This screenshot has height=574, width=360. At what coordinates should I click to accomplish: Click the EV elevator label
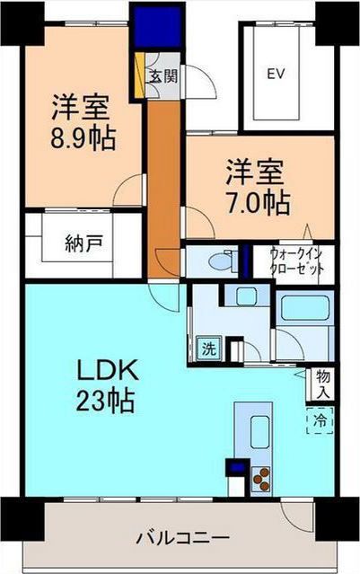(x=276, y=75)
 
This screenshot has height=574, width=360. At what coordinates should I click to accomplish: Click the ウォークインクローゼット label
(x=300, y=261)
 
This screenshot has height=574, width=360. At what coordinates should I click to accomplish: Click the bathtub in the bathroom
(x=303, y=310)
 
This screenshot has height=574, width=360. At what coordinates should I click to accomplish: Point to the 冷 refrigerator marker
(x=319, y=419)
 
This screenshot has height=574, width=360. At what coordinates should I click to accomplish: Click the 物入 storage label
(x=320, y=383)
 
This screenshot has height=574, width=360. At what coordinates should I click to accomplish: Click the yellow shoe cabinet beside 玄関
(x=140, y=77)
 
